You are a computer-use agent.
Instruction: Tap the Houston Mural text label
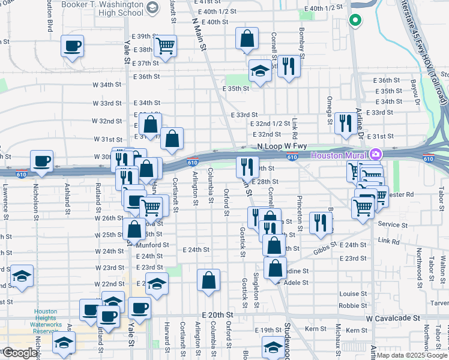click(340, 155)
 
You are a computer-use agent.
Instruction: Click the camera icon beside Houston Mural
click(376, 154)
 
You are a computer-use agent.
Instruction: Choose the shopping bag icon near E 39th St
click(247, 39)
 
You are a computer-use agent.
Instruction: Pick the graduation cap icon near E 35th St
click(259, 71)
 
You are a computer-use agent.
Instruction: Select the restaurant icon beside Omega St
click(345, 123)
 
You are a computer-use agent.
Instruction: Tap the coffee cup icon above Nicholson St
click(42, 161)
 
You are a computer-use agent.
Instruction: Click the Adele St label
click(296, 282)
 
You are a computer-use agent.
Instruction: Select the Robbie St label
click(349, 305)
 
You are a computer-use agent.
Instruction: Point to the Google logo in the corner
click(20, 353)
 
